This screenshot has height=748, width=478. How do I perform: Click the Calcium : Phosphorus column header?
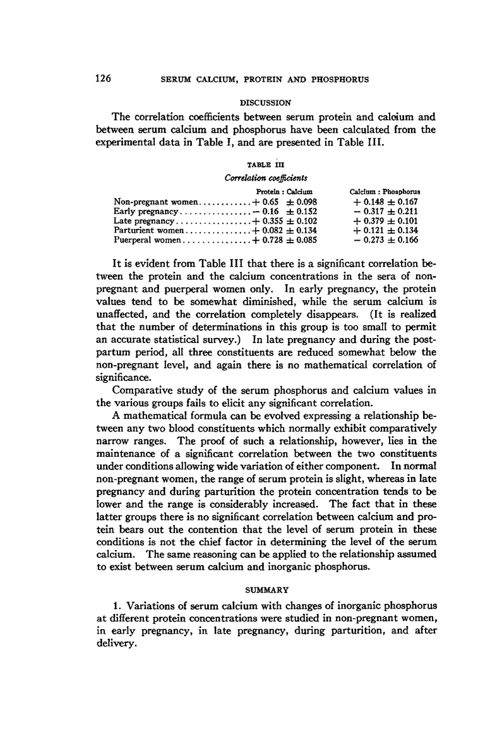385,191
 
